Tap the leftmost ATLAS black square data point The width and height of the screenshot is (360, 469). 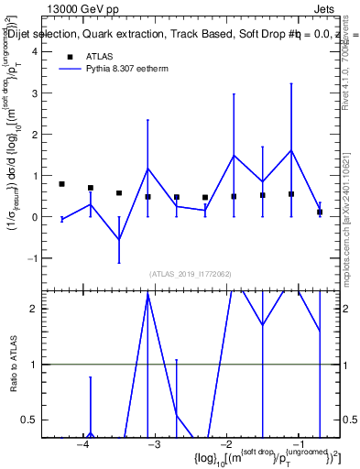pyautogui.click(x=61, y=184)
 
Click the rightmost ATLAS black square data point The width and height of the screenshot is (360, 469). pyautogui.click(x=320, y=212)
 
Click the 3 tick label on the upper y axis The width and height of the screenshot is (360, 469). pyautogui.click(x=34, y=93)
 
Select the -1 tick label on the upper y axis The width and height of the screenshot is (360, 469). pyautogui.click(x=31, y=259)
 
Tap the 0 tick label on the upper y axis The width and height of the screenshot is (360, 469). pyautogui.click(x=34, y=218)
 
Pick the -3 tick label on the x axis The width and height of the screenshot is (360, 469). pyautogui.click(x=155, y=445)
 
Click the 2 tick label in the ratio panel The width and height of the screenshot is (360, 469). pyautogui.click(x=34, y=309)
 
